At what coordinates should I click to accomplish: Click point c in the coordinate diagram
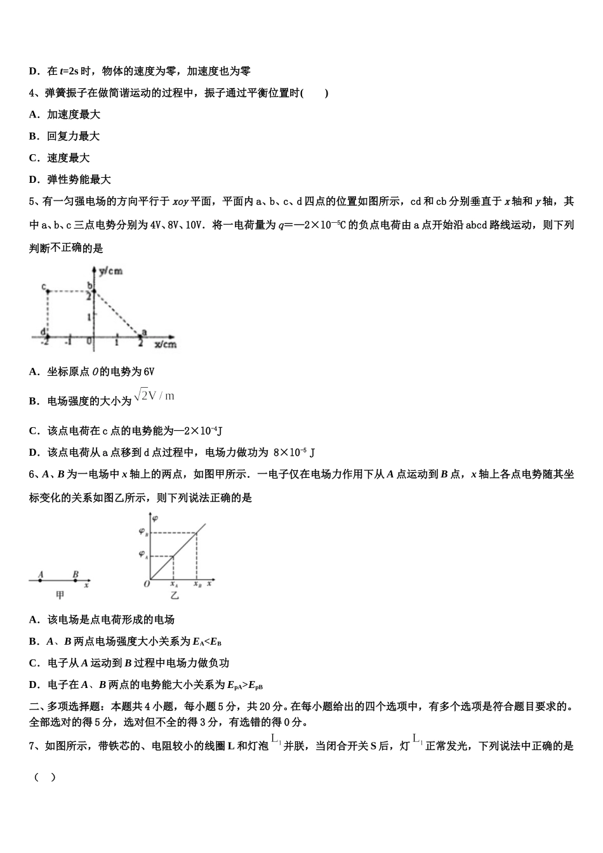(47, 291)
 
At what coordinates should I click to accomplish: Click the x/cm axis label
(166, 345)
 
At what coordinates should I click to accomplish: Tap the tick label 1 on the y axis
(89, 315)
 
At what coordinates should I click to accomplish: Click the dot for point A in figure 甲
(41, 580)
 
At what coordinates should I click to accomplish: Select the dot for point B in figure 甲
(76, 580)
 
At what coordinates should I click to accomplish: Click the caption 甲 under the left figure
(60, 595)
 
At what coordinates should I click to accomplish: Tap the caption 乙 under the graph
(174, 596)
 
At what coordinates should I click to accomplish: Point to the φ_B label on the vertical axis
(143, 532)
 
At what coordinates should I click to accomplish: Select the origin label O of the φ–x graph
(147, 584)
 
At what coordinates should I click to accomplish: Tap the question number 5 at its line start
(32, 202)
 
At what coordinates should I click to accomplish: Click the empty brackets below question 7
(44, 777)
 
